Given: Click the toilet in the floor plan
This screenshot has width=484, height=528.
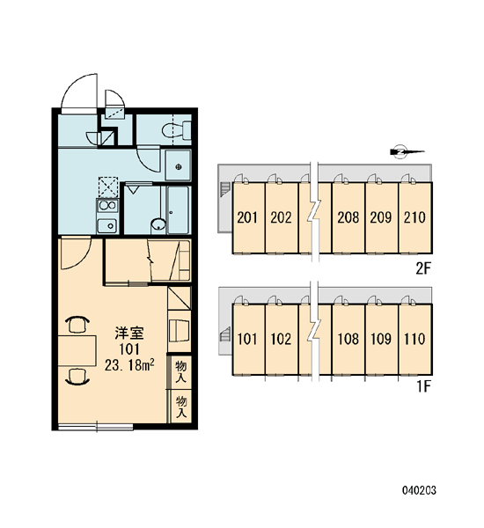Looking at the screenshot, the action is point(177,130).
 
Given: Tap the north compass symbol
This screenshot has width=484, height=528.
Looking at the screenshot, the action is point(407,151).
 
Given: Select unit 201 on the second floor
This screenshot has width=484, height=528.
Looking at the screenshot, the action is point(248,217).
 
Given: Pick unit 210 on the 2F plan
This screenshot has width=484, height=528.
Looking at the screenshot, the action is point(415,217).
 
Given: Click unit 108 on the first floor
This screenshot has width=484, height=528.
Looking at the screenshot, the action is point(348,339).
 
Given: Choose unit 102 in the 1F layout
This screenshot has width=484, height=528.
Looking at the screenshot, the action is point(282,339).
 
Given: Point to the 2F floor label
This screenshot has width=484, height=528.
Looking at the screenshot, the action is point(423,268).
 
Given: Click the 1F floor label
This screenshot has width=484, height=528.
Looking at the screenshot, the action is point(424,387).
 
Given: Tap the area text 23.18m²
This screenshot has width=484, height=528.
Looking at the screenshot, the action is point(129,364).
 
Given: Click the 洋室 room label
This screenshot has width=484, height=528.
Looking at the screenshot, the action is point(129,333).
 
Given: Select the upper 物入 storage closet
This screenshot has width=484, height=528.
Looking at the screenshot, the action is point(181,371).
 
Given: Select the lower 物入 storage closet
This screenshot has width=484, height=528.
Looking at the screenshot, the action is point(181,406).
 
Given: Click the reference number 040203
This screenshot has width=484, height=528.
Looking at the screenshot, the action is point(419,490).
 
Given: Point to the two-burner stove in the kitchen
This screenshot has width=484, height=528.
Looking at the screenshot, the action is point(107,205).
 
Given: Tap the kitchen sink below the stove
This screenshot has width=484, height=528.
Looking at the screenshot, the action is point(107,225).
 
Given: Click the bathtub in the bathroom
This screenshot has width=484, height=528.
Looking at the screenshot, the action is point(178,209).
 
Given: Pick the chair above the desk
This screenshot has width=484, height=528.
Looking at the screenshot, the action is point(77,324).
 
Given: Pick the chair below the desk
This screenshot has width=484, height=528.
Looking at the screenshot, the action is point(77,377).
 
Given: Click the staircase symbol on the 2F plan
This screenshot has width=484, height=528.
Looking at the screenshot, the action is point(225,189).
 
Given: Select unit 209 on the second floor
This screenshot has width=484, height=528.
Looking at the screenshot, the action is point(382,217).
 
